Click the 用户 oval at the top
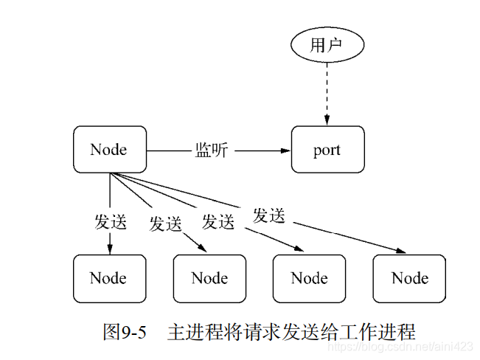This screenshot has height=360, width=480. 327,46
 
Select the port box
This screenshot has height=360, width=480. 327,150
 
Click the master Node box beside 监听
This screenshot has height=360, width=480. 109,150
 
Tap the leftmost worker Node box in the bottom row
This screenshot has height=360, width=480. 109,278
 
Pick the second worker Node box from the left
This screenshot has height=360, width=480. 209,278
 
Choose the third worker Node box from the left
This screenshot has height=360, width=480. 310,278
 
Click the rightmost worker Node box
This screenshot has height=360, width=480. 409,278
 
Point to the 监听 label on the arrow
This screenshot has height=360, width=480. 212,150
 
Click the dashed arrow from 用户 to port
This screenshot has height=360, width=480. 327,92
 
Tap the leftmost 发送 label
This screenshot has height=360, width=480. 110,221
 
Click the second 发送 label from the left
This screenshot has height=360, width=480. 165,224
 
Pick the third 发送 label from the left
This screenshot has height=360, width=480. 218,221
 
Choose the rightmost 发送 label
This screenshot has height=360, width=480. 268,215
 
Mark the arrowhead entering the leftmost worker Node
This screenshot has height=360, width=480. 110,249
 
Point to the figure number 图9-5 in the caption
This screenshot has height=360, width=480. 125,331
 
